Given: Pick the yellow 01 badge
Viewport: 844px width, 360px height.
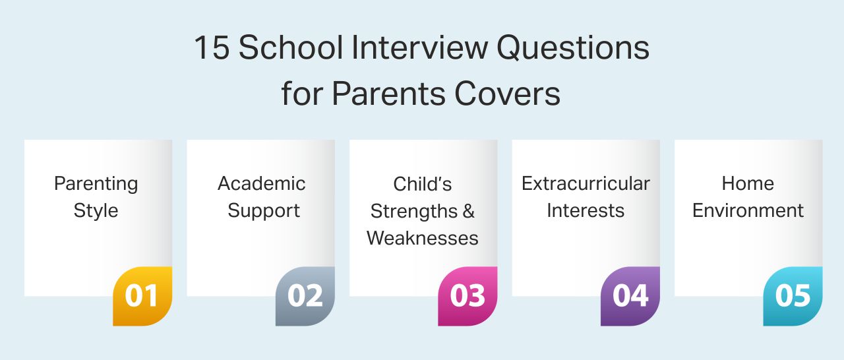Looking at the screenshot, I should coord(142,296).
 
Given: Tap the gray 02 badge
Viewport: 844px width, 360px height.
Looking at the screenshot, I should coord(305,296).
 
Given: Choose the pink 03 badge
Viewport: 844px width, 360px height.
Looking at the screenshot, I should coord(467,296).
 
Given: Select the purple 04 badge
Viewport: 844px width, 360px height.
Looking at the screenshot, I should coord(630,296).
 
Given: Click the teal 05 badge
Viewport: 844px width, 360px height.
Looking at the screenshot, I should coord(793,296).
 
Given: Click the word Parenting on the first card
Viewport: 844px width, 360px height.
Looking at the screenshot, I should coord(96,184).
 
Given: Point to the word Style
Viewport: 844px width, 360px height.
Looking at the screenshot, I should coord(96,211).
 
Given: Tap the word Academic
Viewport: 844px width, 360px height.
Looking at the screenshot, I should coord(262,183).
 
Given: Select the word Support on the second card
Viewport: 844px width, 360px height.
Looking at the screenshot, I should coord(263,211).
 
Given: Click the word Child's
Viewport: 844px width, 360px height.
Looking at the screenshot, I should coord(422,183).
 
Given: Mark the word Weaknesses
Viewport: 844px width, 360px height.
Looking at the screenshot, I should coord(423,238).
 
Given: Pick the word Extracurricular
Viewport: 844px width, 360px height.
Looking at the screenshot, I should coord(586,183).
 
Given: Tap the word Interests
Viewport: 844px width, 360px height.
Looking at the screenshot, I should coord(586,211).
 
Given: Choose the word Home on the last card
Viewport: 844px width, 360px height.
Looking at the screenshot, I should coord(748,183).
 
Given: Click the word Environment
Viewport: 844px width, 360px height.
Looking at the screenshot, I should coord(748,211).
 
